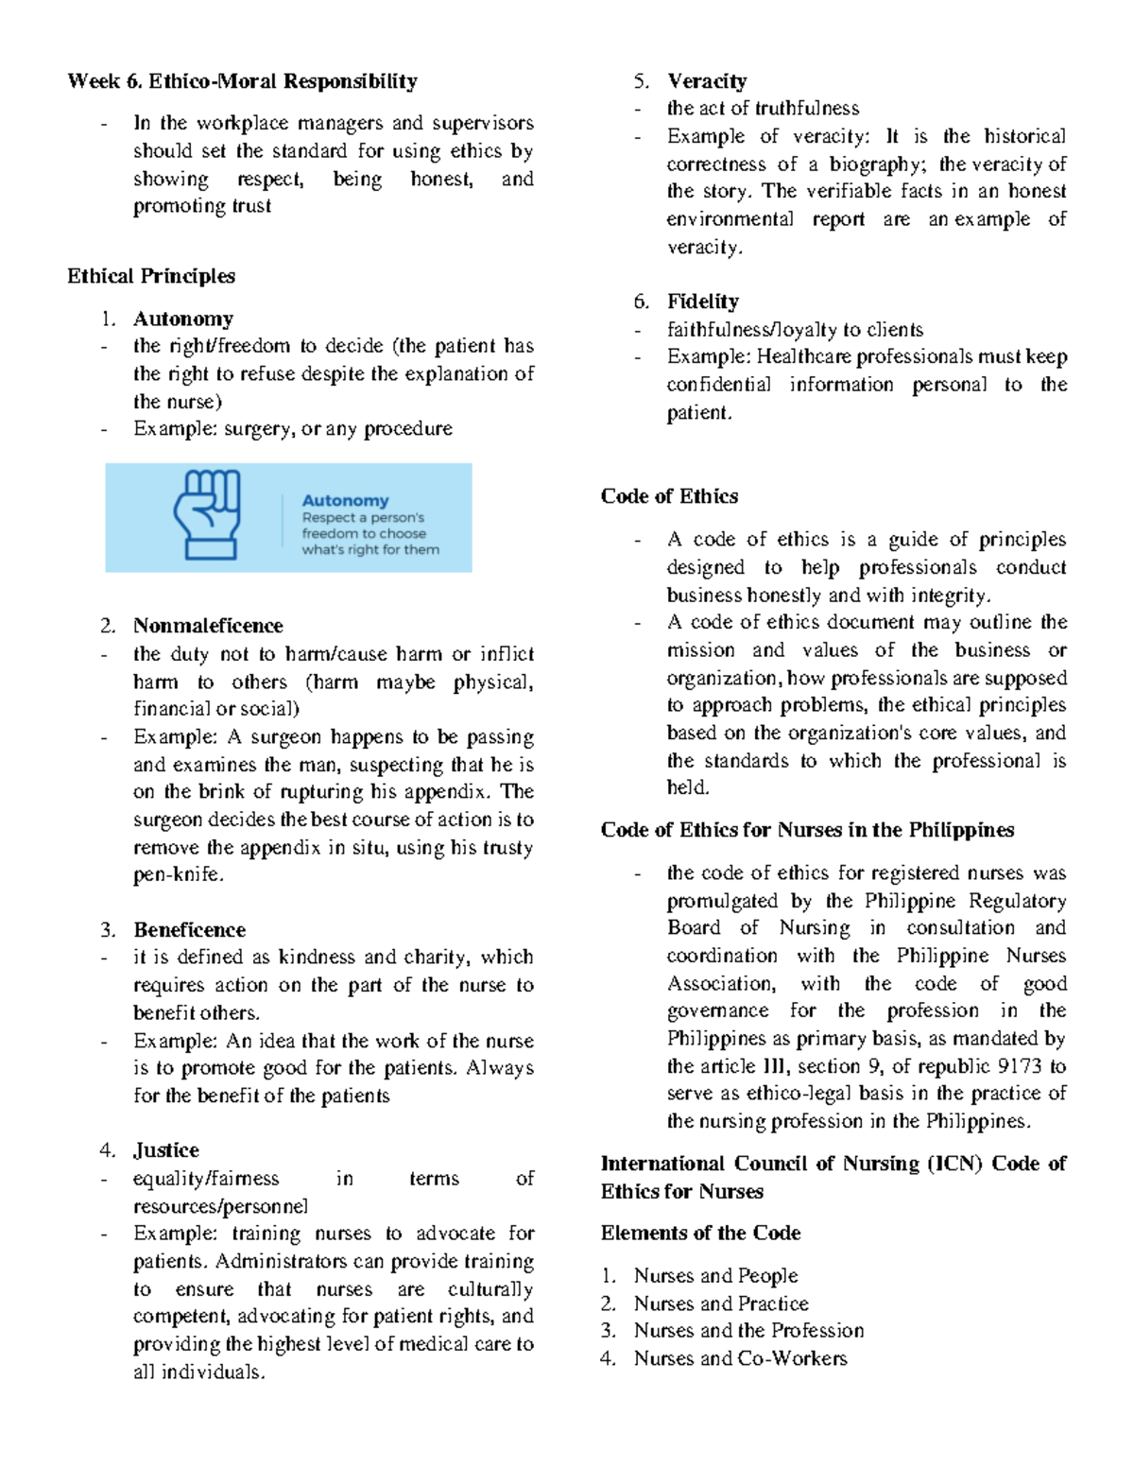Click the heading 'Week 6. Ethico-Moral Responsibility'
(242, 81)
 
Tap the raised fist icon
(207, 515)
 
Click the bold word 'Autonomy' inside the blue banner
(345, 501)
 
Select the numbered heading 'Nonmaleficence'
(208, 626)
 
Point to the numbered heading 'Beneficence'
(189, 930)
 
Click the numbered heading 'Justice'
(166, 1150)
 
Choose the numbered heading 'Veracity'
(707, 81)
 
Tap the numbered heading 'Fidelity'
(703, 302)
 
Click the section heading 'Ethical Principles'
(151, 277)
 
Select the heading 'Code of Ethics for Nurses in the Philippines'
(807, 830)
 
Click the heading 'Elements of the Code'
(700, 1234)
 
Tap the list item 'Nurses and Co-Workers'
(740, 1358)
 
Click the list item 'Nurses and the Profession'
(748, 1331)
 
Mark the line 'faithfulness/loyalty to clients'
(795, 330)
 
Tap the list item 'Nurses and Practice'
(721, 1304)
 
